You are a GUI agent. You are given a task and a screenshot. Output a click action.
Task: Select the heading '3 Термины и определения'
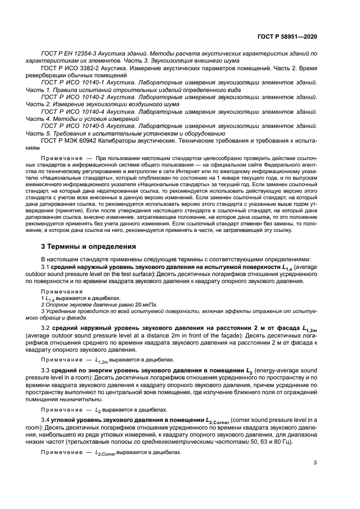89,246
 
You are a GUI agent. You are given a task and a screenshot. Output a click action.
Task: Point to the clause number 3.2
46,329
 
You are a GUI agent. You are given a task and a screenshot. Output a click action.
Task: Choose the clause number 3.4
46,420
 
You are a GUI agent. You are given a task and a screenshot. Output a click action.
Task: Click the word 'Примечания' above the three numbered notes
58,292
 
